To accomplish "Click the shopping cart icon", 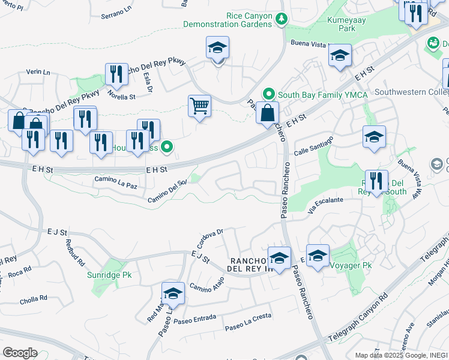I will click(x=199, y=106).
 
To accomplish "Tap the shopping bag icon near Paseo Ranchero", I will click(x=267, y=113).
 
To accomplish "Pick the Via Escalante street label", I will click(x=325, y=205).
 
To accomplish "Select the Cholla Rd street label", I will click(x=34, y=298).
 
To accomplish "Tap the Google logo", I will click(x=20, y=352).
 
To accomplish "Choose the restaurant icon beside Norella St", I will click(x=116, y=74).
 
